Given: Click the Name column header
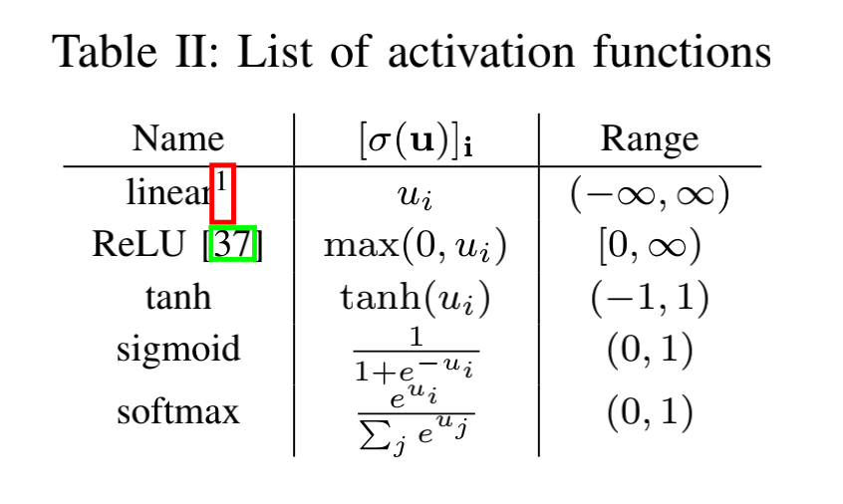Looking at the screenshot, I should tap(178, 139).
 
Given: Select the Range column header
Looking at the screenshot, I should tap(650, 139).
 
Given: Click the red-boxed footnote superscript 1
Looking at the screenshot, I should tap(222, 192).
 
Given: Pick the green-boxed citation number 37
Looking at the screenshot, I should tap(234, 244).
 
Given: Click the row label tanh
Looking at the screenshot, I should tap(178, 298).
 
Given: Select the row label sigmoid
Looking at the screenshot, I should tap(178, 350).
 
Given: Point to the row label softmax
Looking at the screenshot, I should tap(178, 410).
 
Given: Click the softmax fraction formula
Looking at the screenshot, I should tap(416, 415).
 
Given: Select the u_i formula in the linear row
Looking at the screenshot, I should tap(416, 195).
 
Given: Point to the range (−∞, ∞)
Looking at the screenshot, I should tap(650, 194).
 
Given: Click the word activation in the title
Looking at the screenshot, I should tap(490, 50).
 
